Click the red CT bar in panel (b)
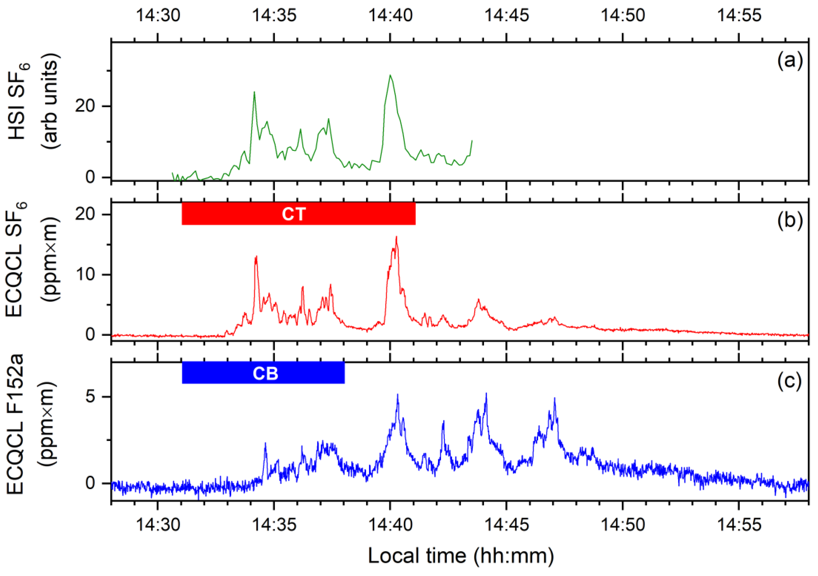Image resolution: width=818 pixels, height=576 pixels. (x=299, y=214)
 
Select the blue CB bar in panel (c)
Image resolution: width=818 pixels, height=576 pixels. (x=263, y=373)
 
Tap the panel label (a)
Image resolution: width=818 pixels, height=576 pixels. (x=790, y=60)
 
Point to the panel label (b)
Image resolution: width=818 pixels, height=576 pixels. (x=790, y=221)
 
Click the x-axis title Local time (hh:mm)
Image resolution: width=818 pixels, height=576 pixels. (x=461, y=555)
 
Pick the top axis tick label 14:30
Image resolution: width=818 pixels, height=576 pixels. (x=158, y=15)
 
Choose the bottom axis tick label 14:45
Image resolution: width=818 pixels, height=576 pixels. (x=507, y=525)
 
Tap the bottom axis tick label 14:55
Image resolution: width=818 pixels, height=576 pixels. (x=739, y=525)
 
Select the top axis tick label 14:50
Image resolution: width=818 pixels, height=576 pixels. (x=623, y=15)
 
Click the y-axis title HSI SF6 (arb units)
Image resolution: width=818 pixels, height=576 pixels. (x=34, y=101)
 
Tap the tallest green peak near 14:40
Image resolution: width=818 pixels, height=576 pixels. (x=390, y=75)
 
